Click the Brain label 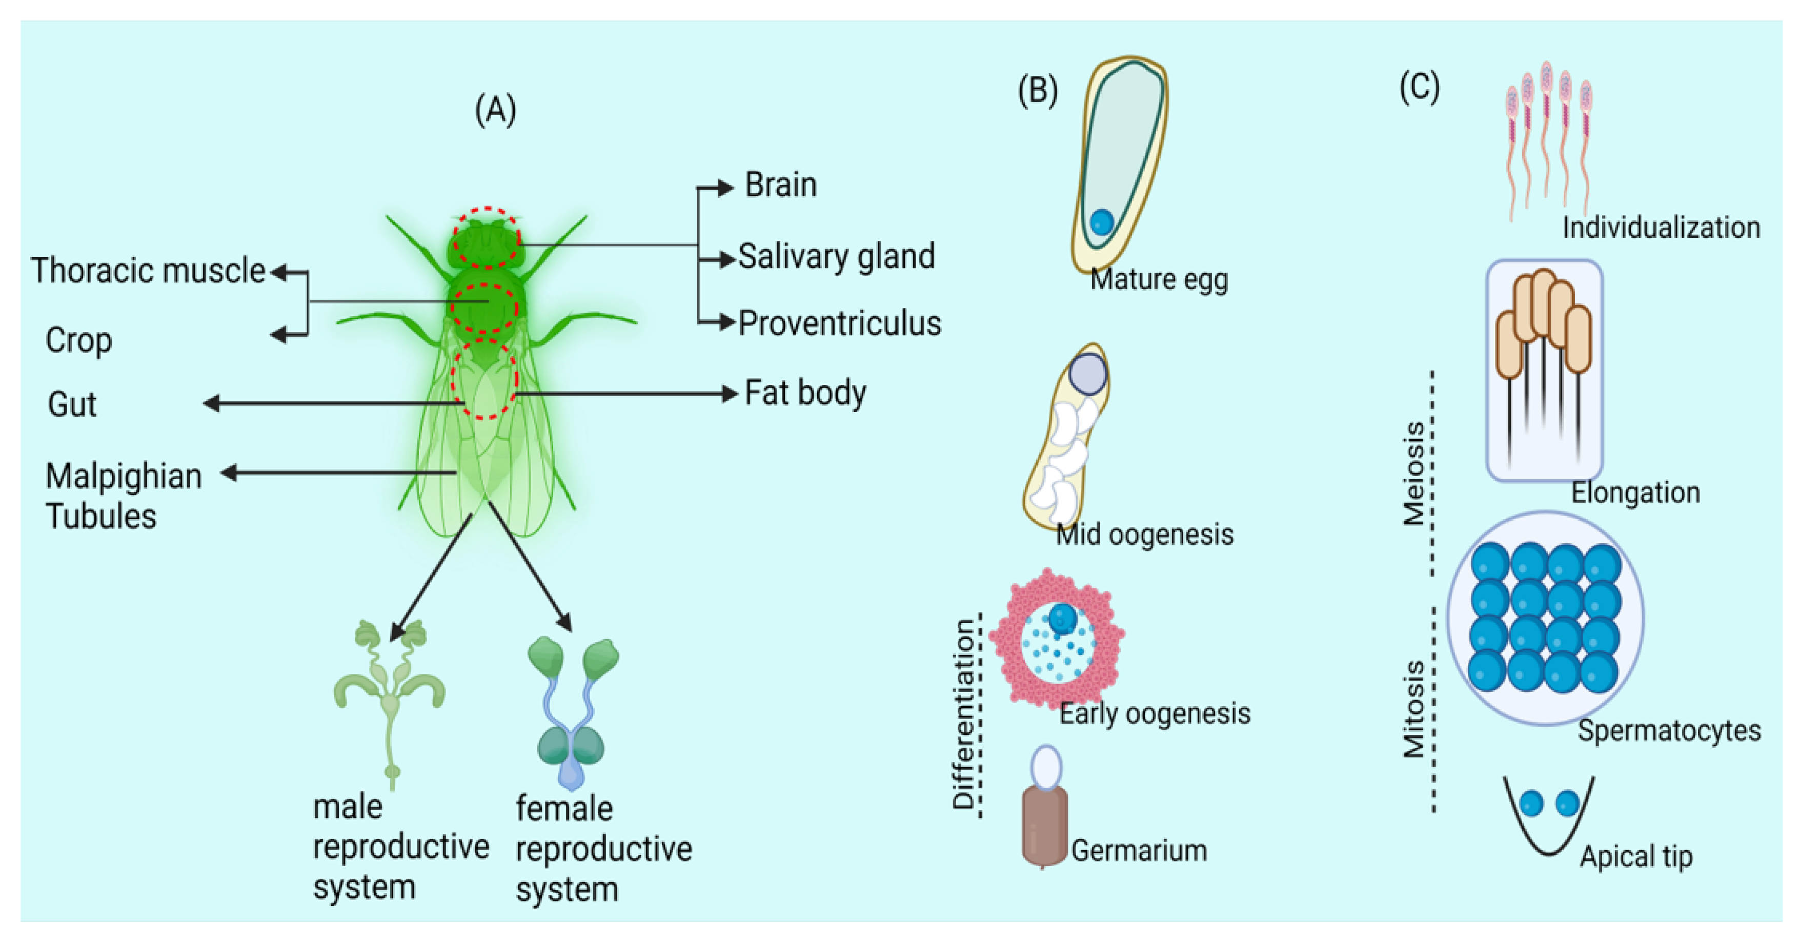[780, 185]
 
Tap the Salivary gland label [836, 256]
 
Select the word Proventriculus [839, 323]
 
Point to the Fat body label [804, 393]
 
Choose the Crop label [78, 340]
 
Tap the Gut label [71, 404]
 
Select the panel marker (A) [495, 110]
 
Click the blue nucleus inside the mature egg [1101, 222]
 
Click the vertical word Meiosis [1414, 473]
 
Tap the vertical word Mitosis [1414, 709]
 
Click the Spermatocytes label [1668, 730]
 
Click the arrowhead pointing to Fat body [730, 394]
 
